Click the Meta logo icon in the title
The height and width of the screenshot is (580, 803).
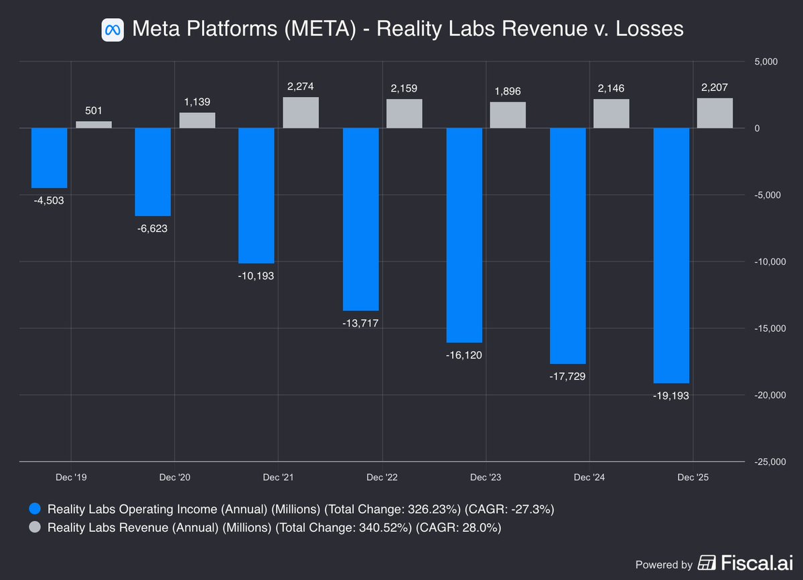pyautogui.click(x=113, y=29)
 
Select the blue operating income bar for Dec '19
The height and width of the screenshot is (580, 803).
pyautogui.click(x=50, y=158)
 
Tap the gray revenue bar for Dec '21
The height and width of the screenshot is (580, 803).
pyautogui.click(x=301, y=112)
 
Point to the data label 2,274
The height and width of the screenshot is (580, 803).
pyautogui.click(x=301, y=86)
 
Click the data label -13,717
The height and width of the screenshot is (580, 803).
pyautogui.click(x=360, y=323)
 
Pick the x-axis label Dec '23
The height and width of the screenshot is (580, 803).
pyautogui.click(x=486, y=477)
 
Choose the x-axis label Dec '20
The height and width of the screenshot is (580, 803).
pyautogui.click(x=175, y=477)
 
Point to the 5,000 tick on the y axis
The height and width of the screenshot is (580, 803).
pyautogui.click(x=765, y=62)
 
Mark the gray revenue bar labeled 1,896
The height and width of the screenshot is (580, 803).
pyautogui.click(x=508, y=115)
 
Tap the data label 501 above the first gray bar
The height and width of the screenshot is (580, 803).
pyautogui.click(x=94, y=110)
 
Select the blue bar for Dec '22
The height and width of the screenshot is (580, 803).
pyautogui.click(x=360, y=219)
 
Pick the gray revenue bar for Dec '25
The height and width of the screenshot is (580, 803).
pyautogui.click(x=715, y=113)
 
